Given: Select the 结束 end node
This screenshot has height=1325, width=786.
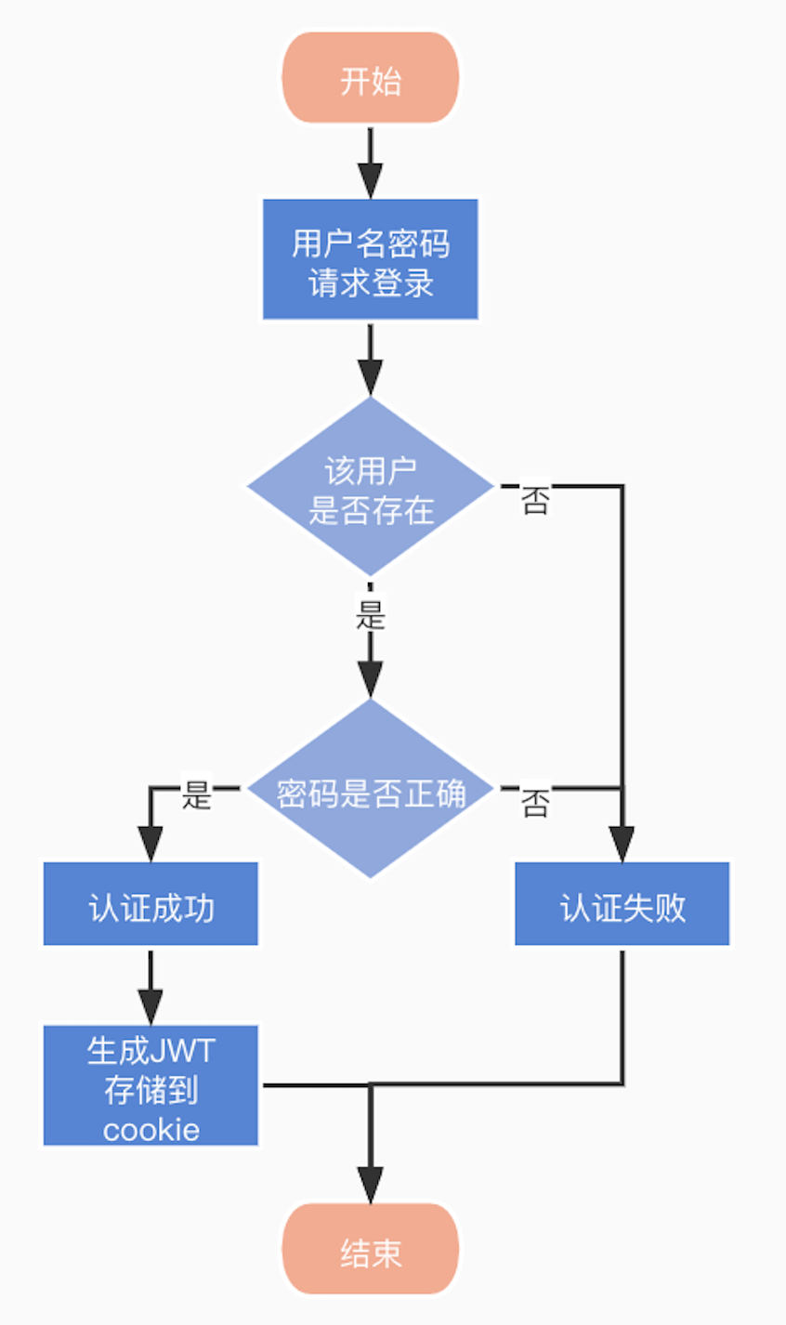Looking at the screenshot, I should coord(370,1250).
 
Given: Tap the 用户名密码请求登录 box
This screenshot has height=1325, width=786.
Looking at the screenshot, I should coord(370,259).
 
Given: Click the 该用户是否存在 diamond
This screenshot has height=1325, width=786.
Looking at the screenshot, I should coord(370,488).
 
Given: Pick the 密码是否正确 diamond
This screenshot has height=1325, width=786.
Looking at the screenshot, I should coord(370,790).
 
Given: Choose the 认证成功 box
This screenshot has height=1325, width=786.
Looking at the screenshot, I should coord(151,904).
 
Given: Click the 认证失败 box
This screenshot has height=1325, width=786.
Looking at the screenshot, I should coord(622,904).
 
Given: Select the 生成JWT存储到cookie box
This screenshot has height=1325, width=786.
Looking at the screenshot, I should coord(151,1086).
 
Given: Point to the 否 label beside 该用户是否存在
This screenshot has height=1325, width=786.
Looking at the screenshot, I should coord(534,501).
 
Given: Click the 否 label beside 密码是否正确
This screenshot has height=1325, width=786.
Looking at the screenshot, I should coord(534,802).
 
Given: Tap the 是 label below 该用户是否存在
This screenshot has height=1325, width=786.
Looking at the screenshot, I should coord(370,615).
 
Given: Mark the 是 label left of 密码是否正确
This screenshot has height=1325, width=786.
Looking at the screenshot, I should coord(196,794).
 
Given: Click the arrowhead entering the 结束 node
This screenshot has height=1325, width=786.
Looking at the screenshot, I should coord(370,1184).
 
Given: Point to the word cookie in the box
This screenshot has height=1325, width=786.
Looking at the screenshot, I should coord(151,1130).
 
